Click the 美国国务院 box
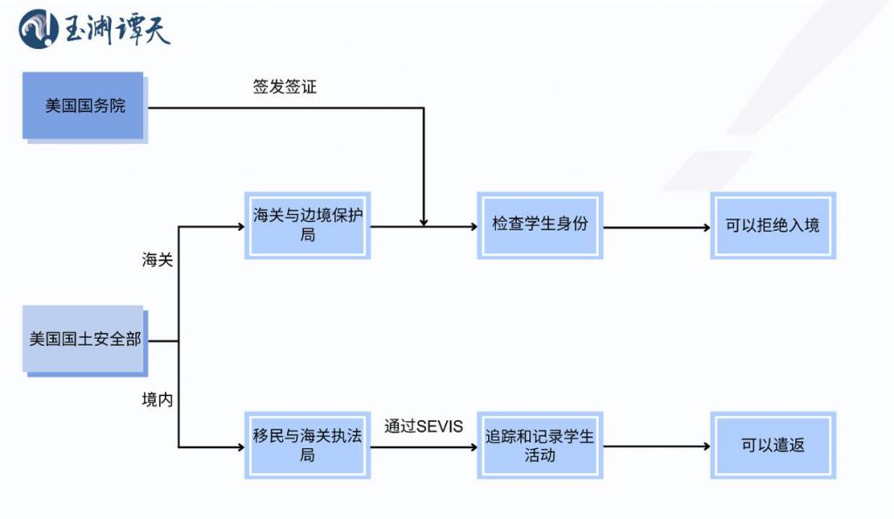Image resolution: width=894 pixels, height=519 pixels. pos(84,106)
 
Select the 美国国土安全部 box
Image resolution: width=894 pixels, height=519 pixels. pos(84,339)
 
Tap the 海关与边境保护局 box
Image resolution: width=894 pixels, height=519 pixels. pos(307,225)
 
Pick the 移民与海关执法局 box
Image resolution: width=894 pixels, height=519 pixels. pos(307,445)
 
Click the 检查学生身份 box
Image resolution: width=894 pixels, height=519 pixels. pos(540,225)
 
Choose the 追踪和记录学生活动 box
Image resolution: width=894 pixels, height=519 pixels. pos(540,445)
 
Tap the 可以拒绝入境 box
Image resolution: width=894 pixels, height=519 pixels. pos(773,225)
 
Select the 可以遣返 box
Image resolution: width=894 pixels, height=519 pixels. pos(773,445)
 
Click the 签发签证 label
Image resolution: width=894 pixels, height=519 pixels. pos(285,87)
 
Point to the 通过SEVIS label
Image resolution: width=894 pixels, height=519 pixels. pos(423,426)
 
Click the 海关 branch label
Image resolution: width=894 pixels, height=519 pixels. pos(158,259)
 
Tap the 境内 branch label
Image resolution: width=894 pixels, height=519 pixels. pos(158,399)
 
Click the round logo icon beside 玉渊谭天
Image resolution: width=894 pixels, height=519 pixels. pos(38,29)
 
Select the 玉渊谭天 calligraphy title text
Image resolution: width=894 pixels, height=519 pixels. pos(118,29)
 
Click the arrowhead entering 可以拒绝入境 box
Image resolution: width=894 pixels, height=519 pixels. pos(705,228)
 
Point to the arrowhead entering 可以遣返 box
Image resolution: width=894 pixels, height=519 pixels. pos(705,446)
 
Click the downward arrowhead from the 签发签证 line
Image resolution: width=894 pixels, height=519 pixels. pos(423,222)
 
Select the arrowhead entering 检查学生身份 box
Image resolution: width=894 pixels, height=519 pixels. pos(472,227)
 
